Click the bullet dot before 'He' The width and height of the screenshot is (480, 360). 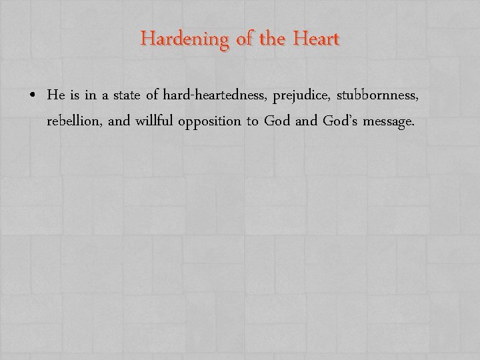[x=33, y=97]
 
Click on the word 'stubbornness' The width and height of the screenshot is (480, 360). [x=378, y=96]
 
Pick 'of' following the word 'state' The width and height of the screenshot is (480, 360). [x=151, y=96]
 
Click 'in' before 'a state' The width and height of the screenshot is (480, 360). [x=91, y=96]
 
